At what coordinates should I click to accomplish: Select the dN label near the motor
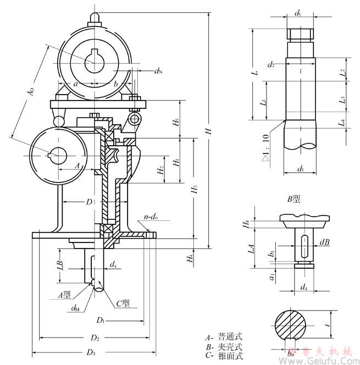click(x=158, y=70)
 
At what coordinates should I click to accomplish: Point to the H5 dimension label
click(x=175, y=123)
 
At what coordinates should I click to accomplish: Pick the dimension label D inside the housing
click(x=88, y=202)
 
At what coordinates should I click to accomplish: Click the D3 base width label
click(x=91, y=351)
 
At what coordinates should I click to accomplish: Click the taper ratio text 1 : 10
click(x=267, y=146)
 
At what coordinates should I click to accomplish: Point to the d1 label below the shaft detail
click(x=301, y=169)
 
